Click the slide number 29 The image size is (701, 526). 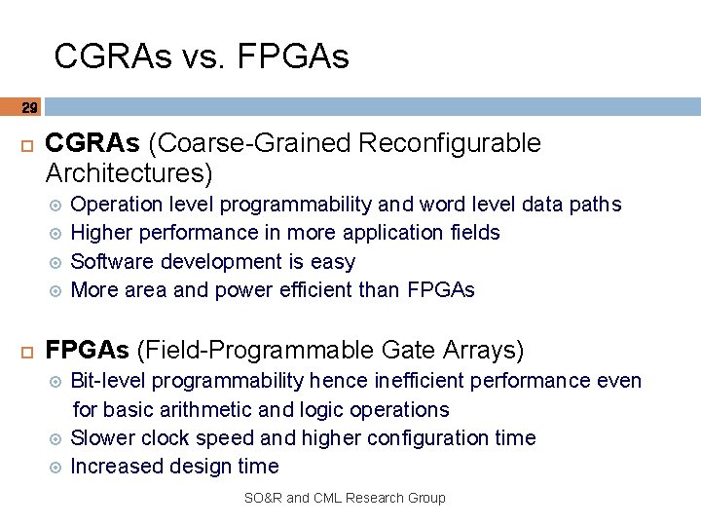[x=29, y=107]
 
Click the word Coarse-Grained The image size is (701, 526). [x=250, y=143]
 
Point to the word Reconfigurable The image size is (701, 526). [x=449, y=143]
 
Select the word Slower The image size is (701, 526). [x=103, y=437]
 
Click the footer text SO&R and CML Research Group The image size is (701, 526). [x=345, y=498]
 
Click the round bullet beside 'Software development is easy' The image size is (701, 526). [x=55, y=262]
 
